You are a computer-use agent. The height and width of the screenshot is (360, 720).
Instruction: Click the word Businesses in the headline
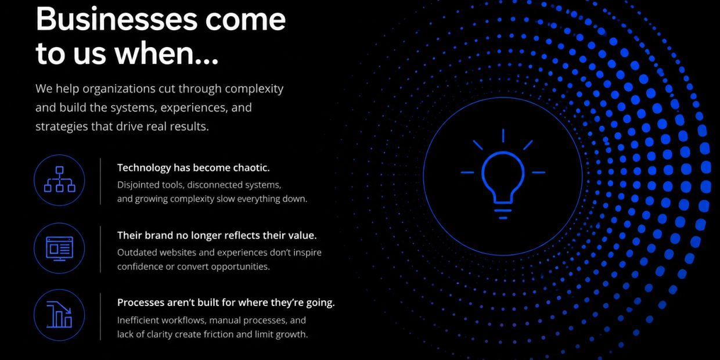(117, 19)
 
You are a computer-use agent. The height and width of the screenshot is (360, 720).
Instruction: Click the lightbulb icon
(503, 174)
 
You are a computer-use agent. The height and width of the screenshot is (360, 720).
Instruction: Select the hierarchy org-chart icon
(59, 179)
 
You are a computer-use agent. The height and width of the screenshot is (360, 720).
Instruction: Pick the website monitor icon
(59, 249)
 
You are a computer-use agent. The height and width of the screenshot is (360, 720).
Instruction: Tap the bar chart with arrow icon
(59, 315)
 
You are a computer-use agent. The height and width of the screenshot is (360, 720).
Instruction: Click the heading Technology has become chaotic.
(193, 168)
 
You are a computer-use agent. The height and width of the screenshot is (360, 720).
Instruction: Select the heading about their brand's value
(217, 235)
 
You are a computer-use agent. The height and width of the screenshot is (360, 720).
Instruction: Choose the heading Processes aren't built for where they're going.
(226, 303)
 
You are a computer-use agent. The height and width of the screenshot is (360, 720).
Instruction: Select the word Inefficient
(138, 320)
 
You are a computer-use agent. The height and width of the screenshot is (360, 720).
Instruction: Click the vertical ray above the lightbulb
(503, 135)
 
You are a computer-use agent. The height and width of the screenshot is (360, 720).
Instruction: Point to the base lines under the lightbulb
(503, 214)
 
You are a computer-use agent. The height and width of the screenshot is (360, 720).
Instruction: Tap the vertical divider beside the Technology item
(100, 181)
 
